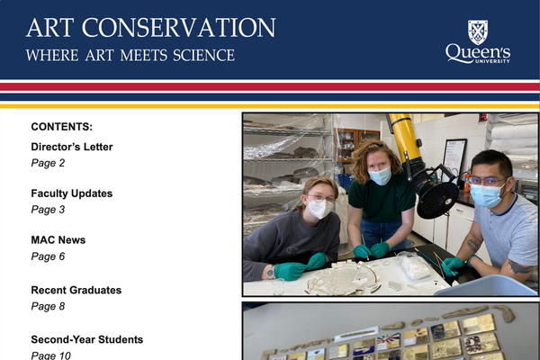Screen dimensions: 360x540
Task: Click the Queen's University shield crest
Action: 478,31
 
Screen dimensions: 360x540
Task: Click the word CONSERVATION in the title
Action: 184,27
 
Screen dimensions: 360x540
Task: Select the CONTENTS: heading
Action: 61,127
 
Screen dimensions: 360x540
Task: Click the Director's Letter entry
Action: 72,147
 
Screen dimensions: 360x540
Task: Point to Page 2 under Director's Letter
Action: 48,163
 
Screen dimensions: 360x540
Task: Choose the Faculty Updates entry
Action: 71,193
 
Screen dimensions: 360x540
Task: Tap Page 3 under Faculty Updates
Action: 48,210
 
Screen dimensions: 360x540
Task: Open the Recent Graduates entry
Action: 76,290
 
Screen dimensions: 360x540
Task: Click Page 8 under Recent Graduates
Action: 48,306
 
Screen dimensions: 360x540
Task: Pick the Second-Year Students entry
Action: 86,339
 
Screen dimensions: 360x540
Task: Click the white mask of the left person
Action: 319,209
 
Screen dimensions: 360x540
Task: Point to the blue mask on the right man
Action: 487,195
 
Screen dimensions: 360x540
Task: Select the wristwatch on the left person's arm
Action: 269,271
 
